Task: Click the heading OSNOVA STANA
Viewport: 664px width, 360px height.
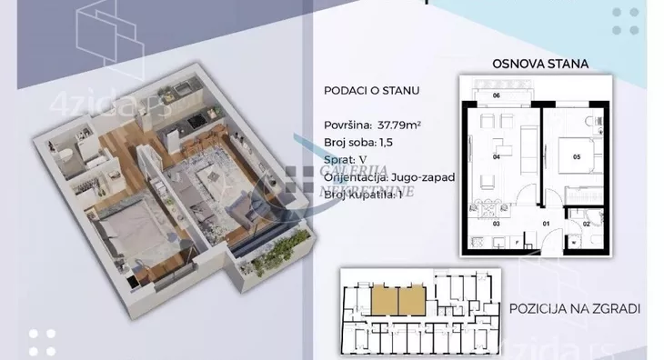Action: [539, 64]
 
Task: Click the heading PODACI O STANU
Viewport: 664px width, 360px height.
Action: [364, 91]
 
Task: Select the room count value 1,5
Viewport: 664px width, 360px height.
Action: [388, 143]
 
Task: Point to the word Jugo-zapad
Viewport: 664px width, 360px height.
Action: [424, 178]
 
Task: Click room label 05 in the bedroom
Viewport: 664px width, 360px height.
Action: [577, 155]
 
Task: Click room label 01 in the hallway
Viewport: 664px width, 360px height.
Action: [547, 222]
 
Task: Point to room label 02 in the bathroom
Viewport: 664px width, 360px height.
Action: [587, 223]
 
